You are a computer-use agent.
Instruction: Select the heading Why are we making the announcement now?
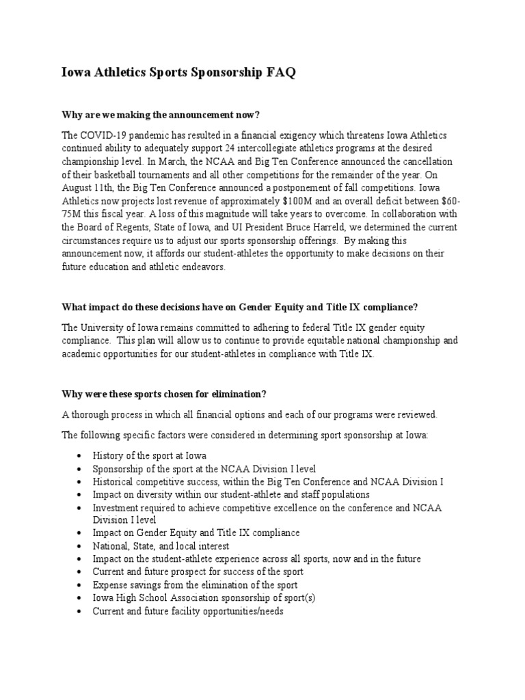[161, 113]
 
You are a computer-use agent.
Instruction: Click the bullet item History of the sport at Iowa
[150, 455]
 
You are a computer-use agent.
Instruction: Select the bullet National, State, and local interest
[161, 546]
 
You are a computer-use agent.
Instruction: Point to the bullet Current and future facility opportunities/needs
[188, 611]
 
